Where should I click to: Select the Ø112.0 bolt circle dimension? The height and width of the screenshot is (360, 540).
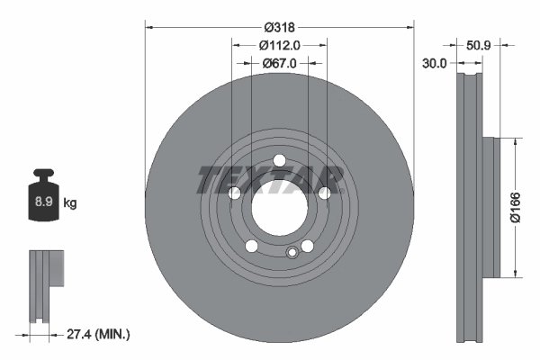click(279, 44)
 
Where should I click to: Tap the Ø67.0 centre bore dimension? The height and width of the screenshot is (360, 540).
click(279, 63)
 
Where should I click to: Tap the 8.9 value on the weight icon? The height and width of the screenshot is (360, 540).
click(42, 203)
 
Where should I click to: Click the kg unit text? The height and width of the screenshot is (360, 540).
click(70, 203)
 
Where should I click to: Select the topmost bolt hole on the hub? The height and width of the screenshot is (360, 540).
click(279, 161)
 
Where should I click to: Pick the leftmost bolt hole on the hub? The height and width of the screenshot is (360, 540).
click(235, 193)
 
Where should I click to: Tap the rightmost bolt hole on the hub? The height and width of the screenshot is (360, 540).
click(323, 193)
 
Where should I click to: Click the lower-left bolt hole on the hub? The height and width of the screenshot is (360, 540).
click(252, 246)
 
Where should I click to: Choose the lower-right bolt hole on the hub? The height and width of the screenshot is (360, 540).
click(306, 246)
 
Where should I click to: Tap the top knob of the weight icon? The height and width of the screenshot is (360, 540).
click(42, 175)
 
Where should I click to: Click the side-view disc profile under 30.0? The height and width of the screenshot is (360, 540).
click(470, 207)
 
